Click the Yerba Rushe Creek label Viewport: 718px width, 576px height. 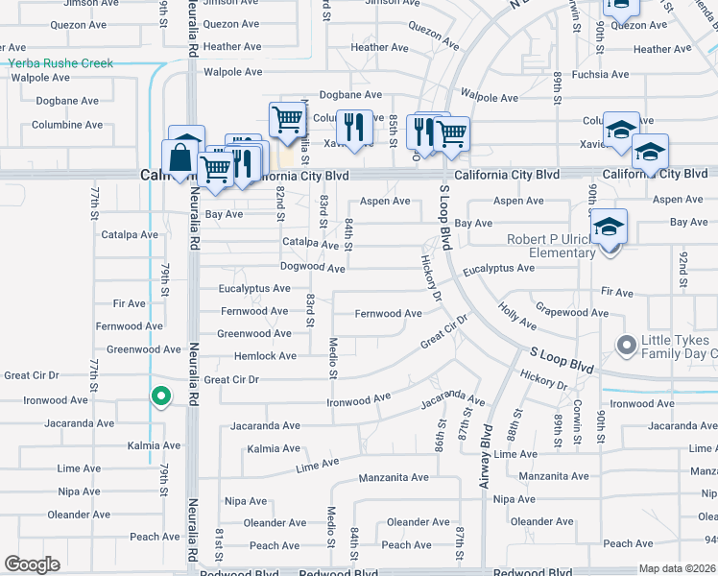coord(61,63)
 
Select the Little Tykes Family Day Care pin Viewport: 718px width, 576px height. coord(627,344)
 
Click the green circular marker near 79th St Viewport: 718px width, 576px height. coord(161,395)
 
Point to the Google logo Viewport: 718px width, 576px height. coord(33,564)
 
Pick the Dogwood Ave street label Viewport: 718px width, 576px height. coord(312,268)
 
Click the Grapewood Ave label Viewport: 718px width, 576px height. coord(572,312)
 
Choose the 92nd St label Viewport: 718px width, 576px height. coord(683,264)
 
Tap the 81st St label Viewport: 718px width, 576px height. coord(220,544)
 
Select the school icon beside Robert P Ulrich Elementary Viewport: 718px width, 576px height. coord(609,228)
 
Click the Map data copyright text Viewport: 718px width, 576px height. coord(676,568)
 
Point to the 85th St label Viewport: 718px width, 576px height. coord(393,125)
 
